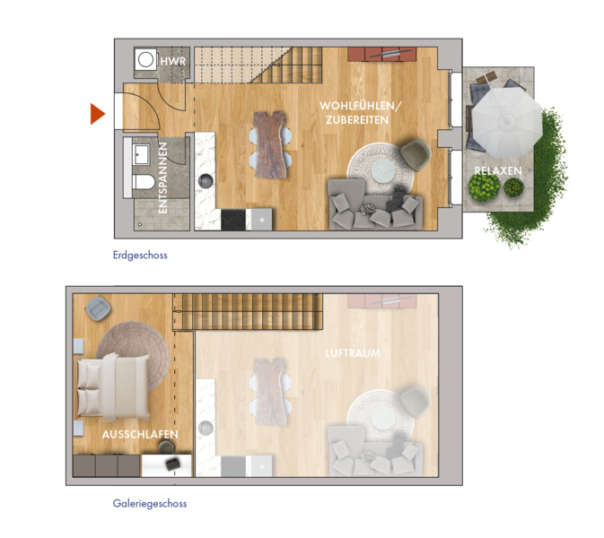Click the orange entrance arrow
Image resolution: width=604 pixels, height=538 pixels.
97,114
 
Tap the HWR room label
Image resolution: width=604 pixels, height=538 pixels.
173,61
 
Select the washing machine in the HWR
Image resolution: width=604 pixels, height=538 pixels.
145,60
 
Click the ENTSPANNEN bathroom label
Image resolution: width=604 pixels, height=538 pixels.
163,178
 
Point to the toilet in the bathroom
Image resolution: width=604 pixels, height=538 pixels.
144,181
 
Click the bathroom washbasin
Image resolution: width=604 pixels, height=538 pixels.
142,154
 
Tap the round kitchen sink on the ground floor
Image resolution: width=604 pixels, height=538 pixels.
206,181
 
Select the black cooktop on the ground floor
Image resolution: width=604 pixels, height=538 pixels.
233,220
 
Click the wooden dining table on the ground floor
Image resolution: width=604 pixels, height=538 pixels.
269,145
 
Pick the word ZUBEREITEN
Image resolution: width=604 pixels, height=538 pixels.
357,120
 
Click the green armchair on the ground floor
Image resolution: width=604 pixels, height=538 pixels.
416,154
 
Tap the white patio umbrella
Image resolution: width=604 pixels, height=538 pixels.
506,122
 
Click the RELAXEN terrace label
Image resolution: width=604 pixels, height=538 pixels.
498,171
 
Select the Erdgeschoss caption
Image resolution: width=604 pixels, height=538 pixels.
140,256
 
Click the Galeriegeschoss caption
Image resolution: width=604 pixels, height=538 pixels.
150,503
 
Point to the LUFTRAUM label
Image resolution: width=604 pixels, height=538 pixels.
353,353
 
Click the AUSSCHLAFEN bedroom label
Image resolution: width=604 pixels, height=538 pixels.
140,435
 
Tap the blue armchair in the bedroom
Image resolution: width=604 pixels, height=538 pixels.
98,308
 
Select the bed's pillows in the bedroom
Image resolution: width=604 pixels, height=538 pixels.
88,388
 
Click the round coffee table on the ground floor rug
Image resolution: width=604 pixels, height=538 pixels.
383,170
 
